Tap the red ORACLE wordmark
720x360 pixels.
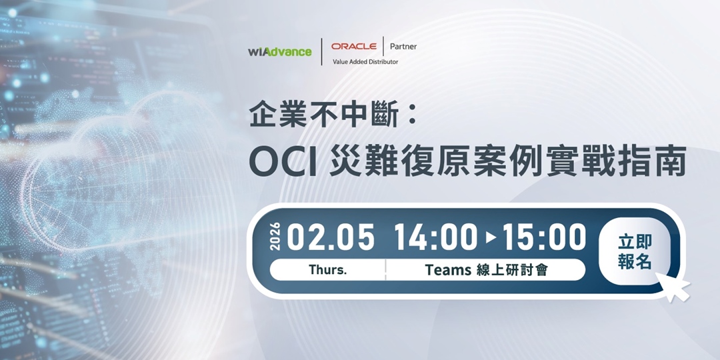354,47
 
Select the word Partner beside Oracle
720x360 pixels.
403,47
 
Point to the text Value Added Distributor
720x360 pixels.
365,62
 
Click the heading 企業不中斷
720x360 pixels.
324,115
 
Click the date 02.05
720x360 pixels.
331,238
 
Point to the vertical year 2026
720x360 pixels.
277,238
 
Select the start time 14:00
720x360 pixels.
435,238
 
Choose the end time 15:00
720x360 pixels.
544,238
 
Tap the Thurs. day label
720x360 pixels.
327,270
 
